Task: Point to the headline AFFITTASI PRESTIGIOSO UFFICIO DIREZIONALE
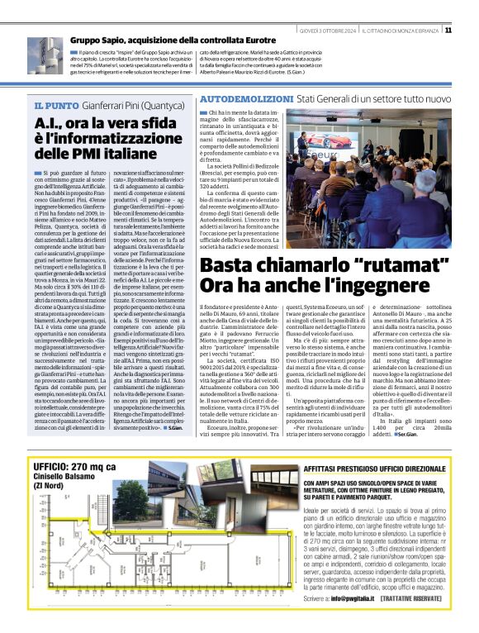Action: click(x=383, y=467)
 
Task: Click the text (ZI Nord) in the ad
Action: click(x=50, y=494)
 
